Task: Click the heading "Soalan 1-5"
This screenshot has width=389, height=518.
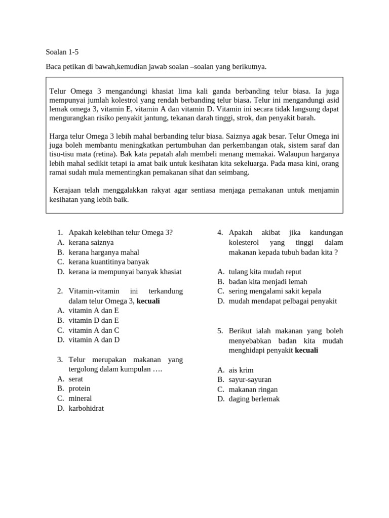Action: pyautogui.click(x=62, y=52)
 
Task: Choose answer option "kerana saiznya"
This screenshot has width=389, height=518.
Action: pyautogui.click(x=91, y=242)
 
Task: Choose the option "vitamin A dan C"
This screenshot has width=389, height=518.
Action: pyautogui.click(x=94, y=330)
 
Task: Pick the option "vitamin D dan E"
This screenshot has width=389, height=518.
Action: pyautogui.click(x=94, y=320)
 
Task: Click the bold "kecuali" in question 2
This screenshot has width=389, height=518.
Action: pyautogui.click(x=148, y=301)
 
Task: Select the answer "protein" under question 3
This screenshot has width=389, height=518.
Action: pyautogui.click(x=80, y=388)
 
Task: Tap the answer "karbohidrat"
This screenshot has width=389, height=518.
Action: pyautogui.click(x=86, y=408)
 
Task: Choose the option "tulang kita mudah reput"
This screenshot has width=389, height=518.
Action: pyautogui.click(x=265, y=272)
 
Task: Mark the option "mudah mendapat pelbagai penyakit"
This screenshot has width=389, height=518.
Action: pyautogui.click(x=283, y=301)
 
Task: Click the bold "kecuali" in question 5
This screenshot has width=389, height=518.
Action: pyautogui.click(x=306, y=350)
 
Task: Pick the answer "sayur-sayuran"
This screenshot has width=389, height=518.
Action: pyautogui.click(x=250, y=379)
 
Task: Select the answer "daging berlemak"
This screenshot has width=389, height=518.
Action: pyautogui.click(x=254, y=399)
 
